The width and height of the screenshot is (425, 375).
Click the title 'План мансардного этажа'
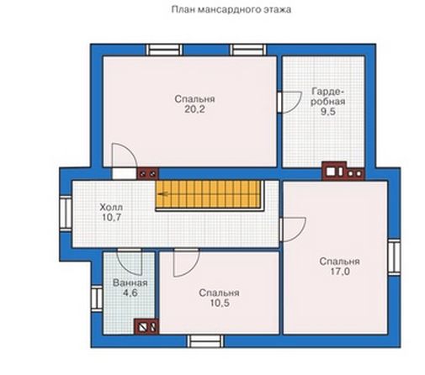click(231, 9)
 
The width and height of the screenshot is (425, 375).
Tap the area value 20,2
click(194, 109)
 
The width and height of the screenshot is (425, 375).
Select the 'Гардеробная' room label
click(327, 97)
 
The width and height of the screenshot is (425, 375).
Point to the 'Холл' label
click(111, 208)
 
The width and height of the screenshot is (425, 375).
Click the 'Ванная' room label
click(130, 283)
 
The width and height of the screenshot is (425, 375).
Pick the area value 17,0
click(340, 272)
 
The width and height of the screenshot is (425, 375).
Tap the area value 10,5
click(220, 303)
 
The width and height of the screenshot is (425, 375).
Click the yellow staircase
click(210, 194)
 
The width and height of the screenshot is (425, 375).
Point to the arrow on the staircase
click(163, 193)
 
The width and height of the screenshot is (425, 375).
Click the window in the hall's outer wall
click(66, 214)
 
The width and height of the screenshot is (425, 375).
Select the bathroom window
click(97, 298)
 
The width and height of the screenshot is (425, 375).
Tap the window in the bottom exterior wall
click(206, 341)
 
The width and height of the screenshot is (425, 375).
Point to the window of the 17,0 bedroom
click(394, 257)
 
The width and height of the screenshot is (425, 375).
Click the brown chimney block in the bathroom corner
click(146, 326)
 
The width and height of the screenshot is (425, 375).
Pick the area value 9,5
click(328, 112)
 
